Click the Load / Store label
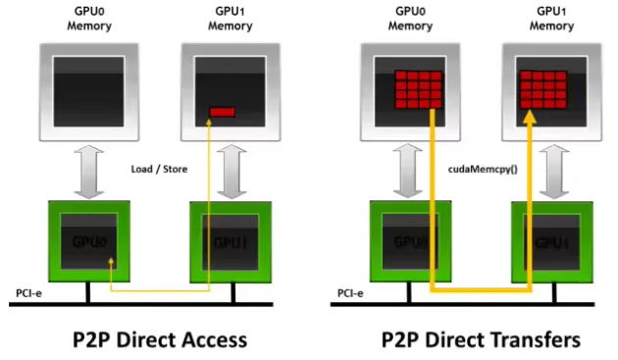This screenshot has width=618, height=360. [x=158, y=169]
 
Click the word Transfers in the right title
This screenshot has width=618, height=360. [x=534, y=339]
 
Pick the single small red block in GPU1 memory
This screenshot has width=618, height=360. [x=223, y=112]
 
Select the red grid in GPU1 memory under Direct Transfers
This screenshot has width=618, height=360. [x=544, y=91]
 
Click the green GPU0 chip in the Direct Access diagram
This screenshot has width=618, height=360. [x=89, y=240]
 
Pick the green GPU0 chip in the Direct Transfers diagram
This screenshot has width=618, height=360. [x=409, y=240]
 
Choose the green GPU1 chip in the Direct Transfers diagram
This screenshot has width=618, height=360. [x=551, y=240]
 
